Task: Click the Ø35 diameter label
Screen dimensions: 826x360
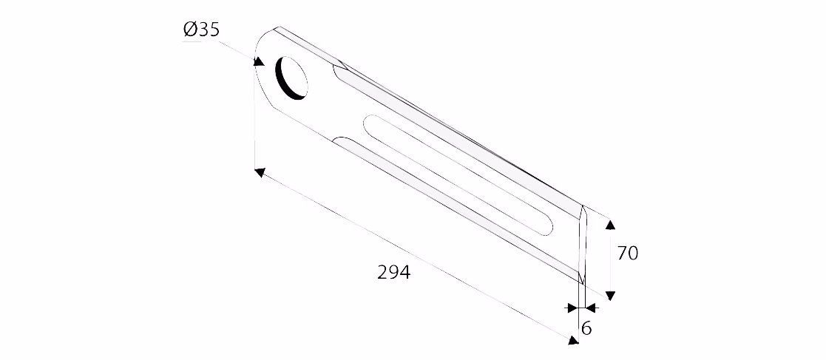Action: (201, 30)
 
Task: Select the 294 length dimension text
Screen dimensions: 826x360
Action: (393, 272)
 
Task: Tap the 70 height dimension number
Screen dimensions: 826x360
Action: (627, 253)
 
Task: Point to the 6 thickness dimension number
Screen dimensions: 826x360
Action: (586, 328)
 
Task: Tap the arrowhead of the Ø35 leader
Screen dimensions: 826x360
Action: (259, 62)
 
